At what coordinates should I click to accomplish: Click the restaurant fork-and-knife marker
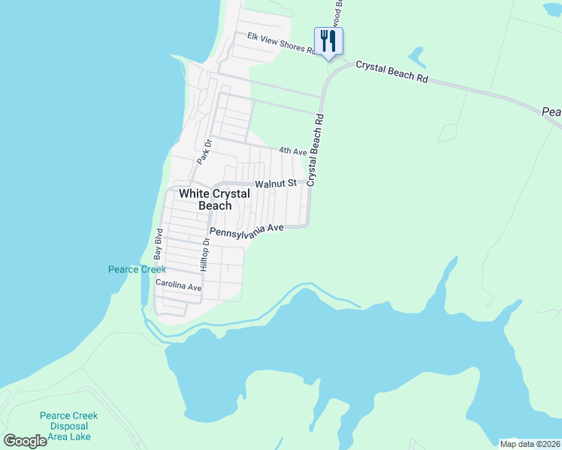click(x=328, y=40)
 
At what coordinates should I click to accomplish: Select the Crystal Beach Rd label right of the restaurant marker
click(x=391, y=73)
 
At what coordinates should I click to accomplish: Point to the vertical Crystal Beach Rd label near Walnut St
click(x=316, y=149)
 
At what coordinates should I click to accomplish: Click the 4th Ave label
click(x=293, y=151)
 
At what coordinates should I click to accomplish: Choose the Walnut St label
click(x=275, y=183)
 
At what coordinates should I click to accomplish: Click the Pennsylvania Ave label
click(x=246, y=232)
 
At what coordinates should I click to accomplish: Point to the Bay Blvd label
click(x=159, y=244)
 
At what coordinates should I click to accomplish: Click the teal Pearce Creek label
click(x=137, y=269)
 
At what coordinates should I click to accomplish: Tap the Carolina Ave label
click(x=179, y=286)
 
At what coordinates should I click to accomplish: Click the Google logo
click(x=26, y=441)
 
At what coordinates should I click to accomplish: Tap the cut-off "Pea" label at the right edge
click(x=551, y=112)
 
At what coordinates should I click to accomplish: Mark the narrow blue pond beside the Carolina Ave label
click(x=144, y=287)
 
